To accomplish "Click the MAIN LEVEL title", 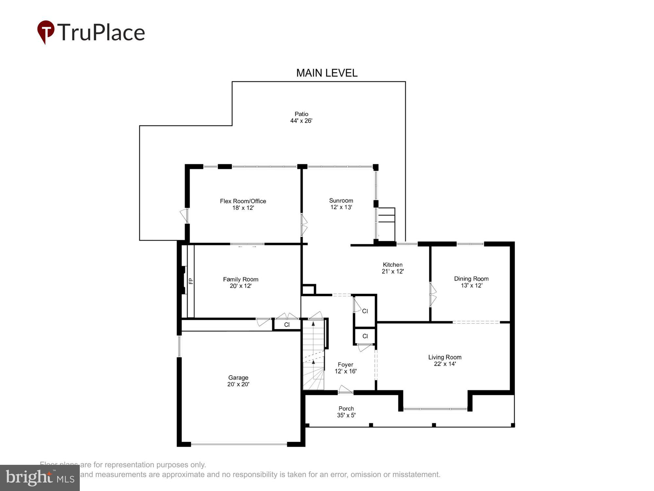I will [x=327, y=73].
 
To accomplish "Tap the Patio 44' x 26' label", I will [x=301, y=117].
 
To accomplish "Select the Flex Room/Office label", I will [x=243, y=201].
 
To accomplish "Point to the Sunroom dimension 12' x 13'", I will [x=341, y=207].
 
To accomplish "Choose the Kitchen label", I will [x=392, y=264].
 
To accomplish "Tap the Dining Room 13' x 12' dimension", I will [x=471, y=285].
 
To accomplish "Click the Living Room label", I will [x=445, y=357].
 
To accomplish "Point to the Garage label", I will [x=238, y=377].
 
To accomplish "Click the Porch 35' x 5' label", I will [x=346, y=412].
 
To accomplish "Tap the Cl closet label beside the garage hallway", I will [x=287, y=325].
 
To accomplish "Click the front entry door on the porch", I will [x=345, y=391].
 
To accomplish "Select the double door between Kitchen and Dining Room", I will [x=432, y=295].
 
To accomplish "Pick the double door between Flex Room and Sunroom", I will [x=303, y=225].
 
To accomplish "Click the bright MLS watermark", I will [x=40, y=478].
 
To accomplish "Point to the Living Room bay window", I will [x=435, y=409].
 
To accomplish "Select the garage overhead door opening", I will [x=239, y=444].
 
